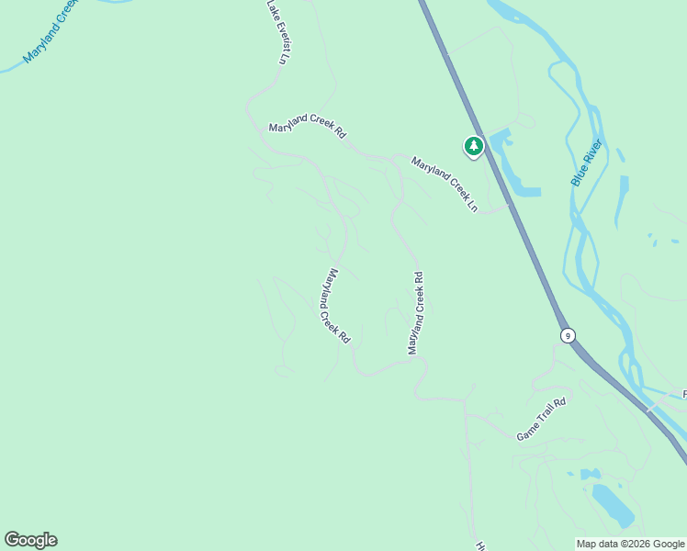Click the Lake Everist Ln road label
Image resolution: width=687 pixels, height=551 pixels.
point(276,32)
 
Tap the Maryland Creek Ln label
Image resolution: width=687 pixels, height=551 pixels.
point(445,185)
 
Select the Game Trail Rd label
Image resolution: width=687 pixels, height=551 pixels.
point(541,420)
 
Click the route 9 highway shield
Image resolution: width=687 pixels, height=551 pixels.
point(569,335)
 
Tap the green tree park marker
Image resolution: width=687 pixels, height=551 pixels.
point(473,146)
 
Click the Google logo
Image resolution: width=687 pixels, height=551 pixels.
point(30,540)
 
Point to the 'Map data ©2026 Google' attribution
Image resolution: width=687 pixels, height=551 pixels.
point(630,544)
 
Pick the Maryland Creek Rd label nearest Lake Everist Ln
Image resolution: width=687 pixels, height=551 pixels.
point(307,130)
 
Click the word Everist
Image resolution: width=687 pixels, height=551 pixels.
point(279,38)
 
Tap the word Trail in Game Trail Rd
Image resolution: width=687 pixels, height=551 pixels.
point(543,419)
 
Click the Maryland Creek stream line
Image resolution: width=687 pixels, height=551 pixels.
point(14,66)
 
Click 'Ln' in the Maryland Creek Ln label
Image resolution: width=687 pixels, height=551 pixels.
point(472,206)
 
